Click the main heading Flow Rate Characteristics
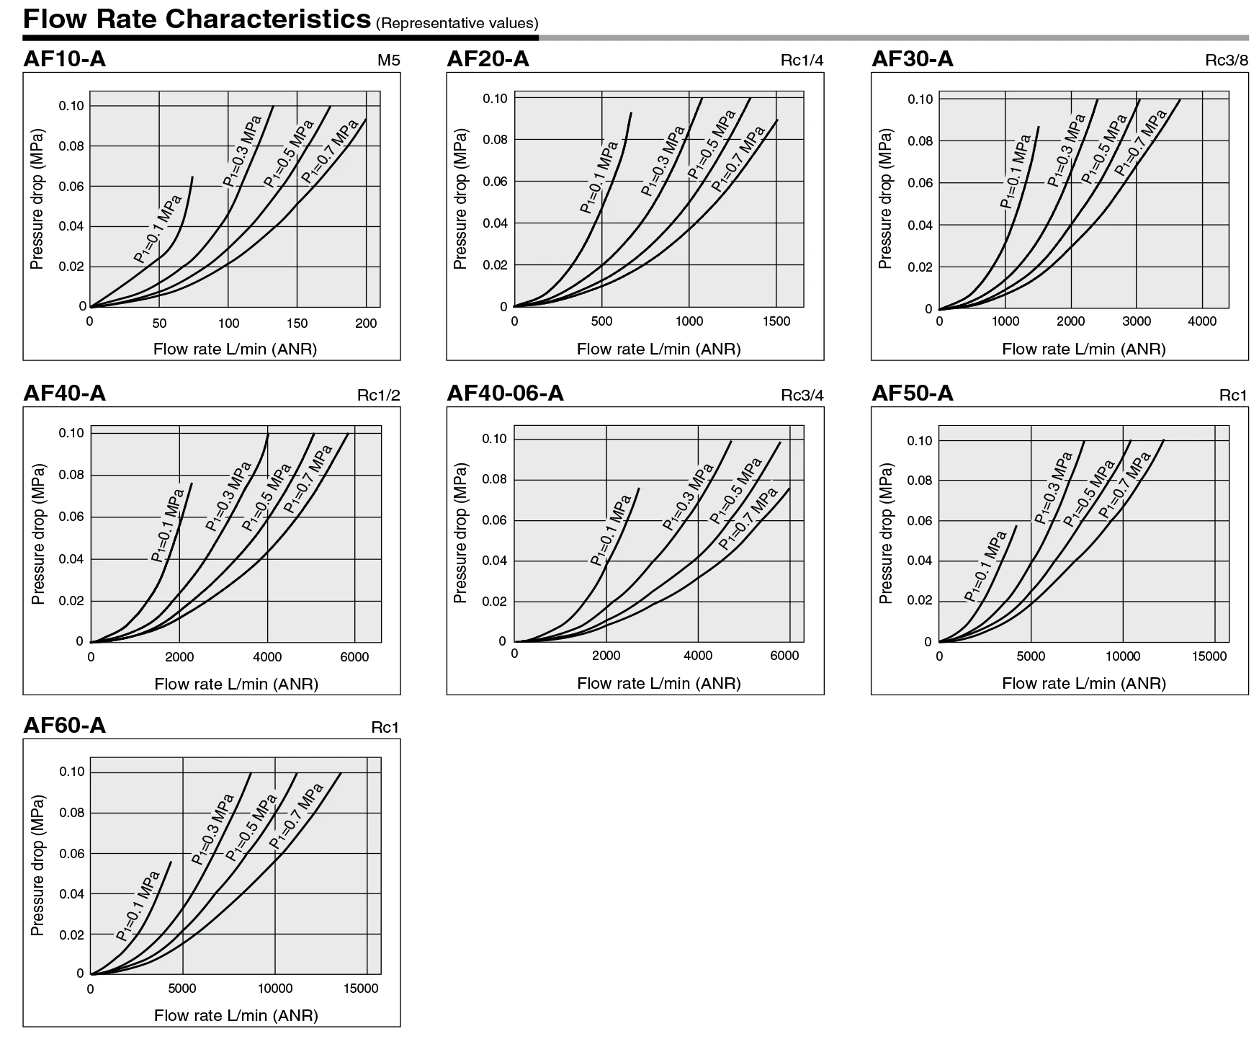(197, 19)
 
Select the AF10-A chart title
(64, 58)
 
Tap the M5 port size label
(388, 61)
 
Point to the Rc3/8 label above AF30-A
(1227, 61)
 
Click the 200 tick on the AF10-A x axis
(366, 323)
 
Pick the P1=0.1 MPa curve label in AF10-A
(158, 228)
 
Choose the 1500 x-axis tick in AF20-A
(776, 321)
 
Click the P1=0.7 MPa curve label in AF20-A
(738, 159)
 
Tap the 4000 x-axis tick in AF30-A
(1202, 321)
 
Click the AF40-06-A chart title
(505, 393)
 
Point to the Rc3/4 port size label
(802, 395)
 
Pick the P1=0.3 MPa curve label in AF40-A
(228, 496)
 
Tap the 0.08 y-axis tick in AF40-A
(71, 475)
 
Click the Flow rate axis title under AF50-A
(1083, 683)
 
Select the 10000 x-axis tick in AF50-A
(1122, 656)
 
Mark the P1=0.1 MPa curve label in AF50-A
(985, 566)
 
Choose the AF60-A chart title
(64, 725)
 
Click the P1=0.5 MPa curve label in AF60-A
(251, 827)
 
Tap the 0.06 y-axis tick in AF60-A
(71, 854)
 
